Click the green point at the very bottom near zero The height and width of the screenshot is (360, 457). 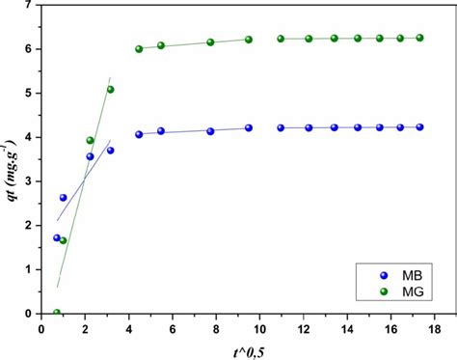click(x=57, y=313)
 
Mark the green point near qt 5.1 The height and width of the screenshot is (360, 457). click(x=110, y=90)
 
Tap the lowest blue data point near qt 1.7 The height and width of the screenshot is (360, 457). click(x=57, y=237)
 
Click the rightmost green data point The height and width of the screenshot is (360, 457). click(x=419, y=38)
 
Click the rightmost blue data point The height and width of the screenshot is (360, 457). click(x=419, y=126)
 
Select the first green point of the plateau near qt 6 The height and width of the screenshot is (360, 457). click(x=139, y=48)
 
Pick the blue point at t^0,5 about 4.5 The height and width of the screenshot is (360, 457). click(x=139, y=134)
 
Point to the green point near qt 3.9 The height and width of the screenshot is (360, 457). click(x=91, y=141)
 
